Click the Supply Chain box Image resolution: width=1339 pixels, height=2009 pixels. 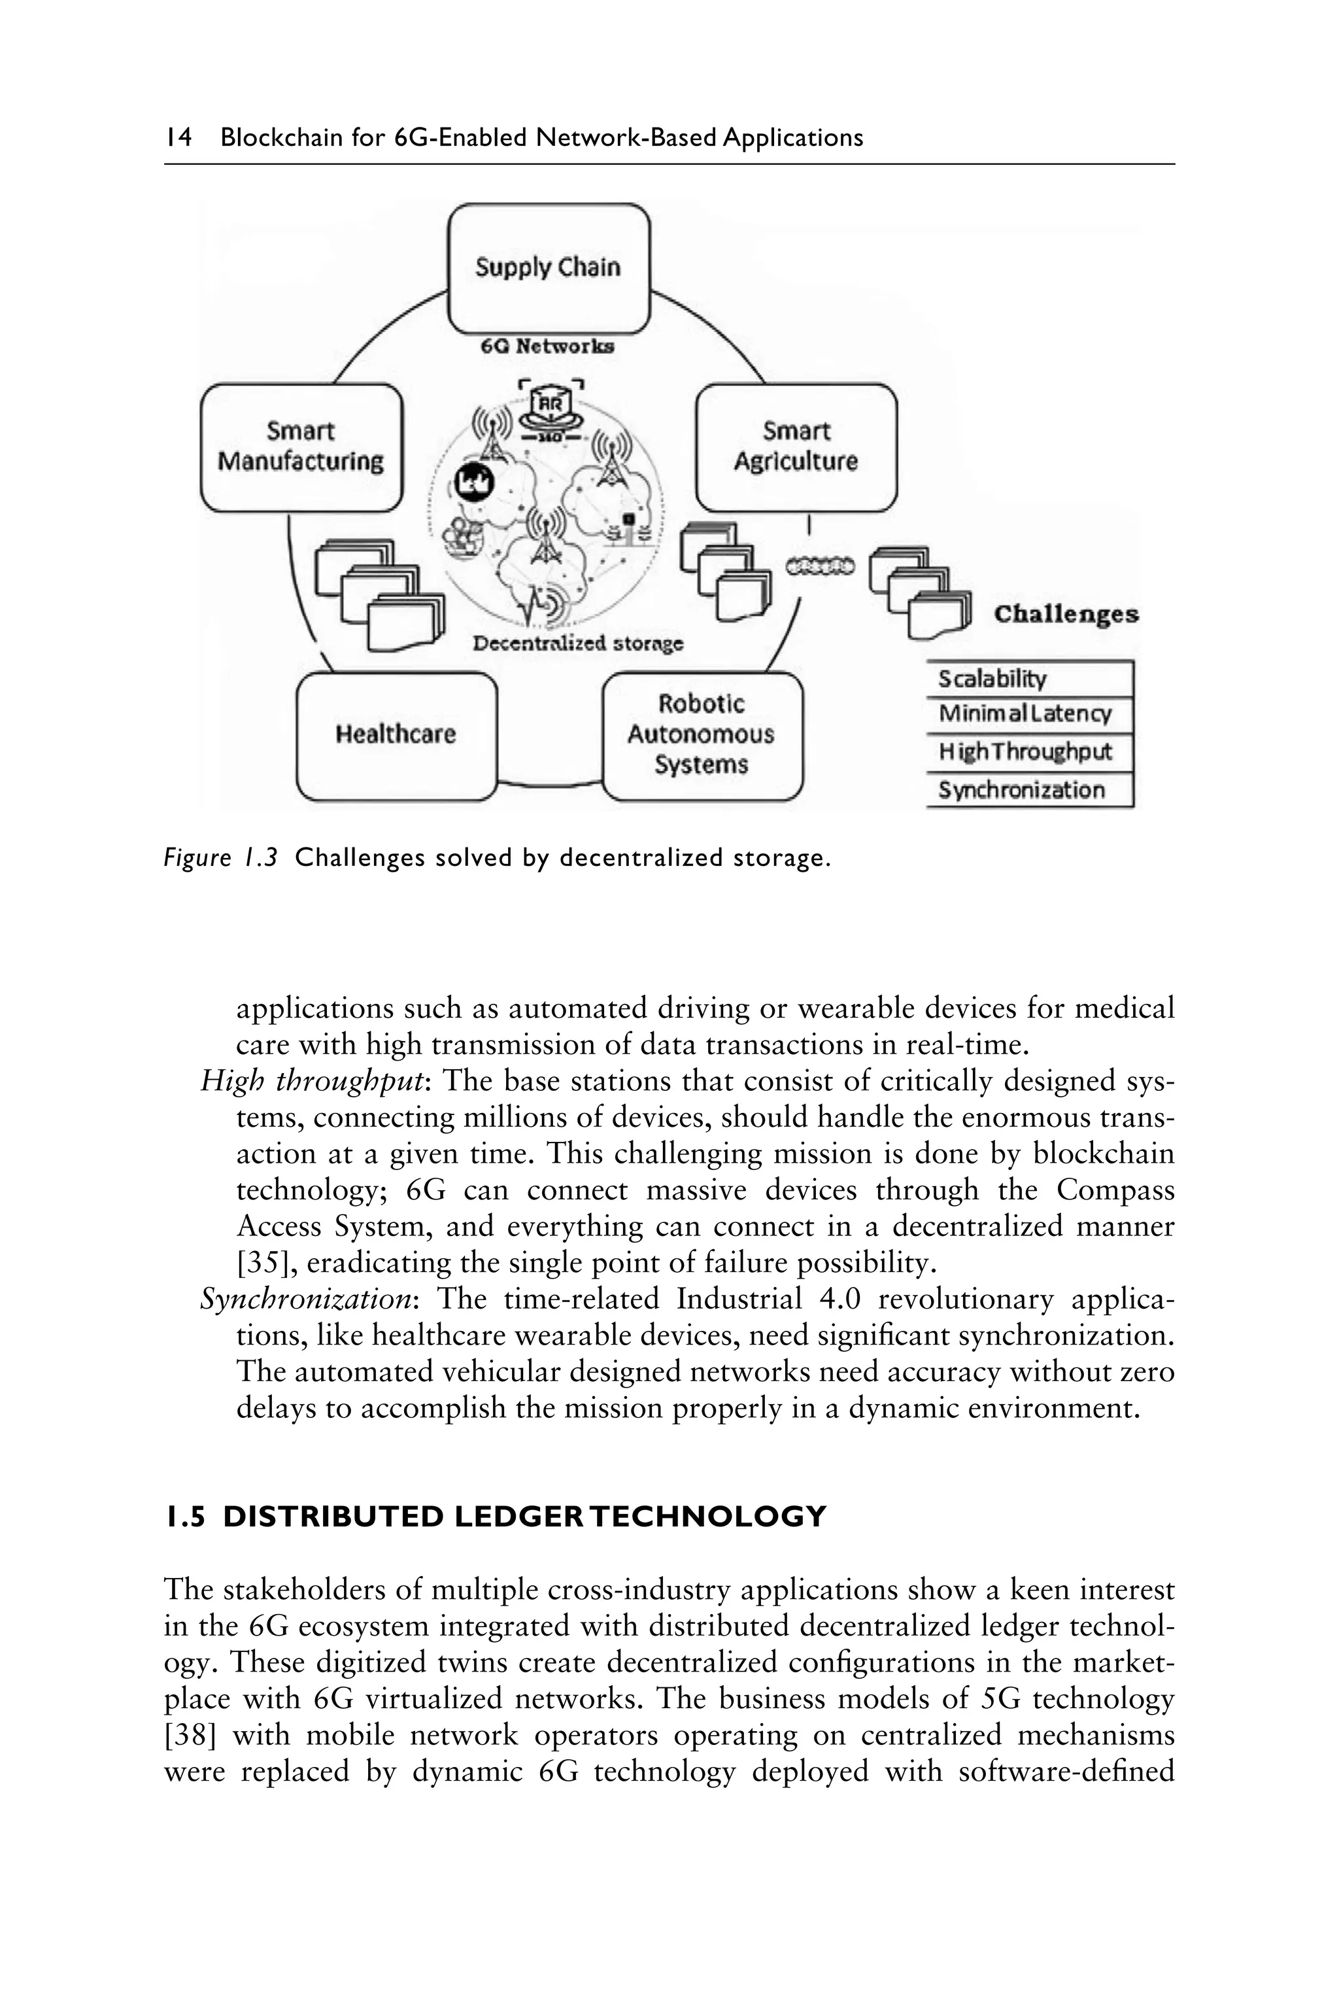coord(549,268)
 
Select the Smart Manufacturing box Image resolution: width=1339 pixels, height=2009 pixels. coord(301,447)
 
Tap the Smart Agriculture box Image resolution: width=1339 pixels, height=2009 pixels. coord(796,447)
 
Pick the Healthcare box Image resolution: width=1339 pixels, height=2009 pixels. coord(396,734)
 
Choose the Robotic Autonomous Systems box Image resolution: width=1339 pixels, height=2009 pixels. coord(702,734)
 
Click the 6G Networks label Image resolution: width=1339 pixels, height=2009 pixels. coord(547,347)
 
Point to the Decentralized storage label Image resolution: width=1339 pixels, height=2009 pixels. coord(578,644)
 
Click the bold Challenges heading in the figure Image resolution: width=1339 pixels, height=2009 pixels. coord(1066,614)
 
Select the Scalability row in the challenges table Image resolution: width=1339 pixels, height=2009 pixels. coord(1029,679)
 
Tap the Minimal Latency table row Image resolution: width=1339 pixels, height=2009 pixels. coord(1029,714)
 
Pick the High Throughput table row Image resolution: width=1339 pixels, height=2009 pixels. coord(1029,751)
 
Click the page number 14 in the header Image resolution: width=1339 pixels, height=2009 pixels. coord(178,137)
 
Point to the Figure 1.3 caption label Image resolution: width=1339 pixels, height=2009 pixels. coord(220,857)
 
